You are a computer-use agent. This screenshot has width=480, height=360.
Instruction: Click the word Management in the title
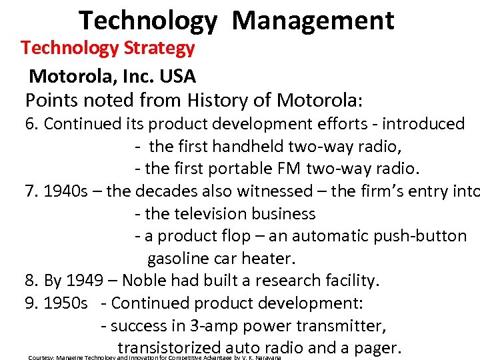pyautogui.click(x=313, y=21)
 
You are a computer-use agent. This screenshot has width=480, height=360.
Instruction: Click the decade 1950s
pyautogui.click(x=65, y=303)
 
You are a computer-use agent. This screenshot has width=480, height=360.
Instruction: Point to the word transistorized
pyautogui.click(x=169, y=348)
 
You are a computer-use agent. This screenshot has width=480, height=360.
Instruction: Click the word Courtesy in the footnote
pyautogui.click(x=40, y=358)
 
